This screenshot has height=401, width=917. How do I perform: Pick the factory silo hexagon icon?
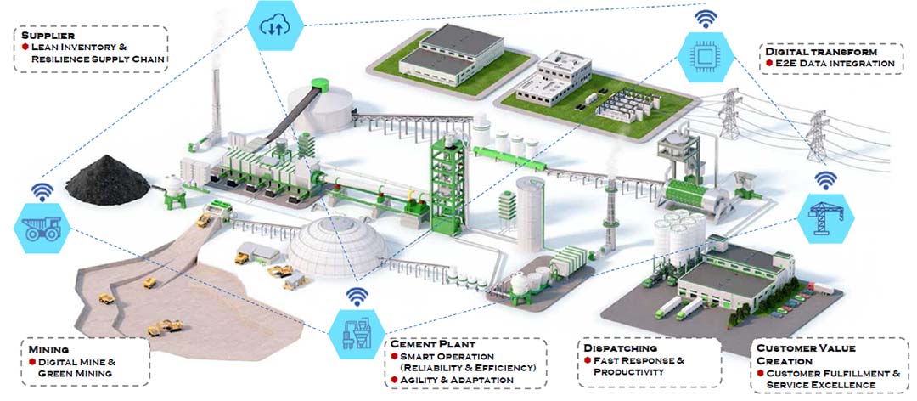click(x=357, y=331)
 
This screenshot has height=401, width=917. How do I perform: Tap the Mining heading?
click(x=48, y=349)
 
